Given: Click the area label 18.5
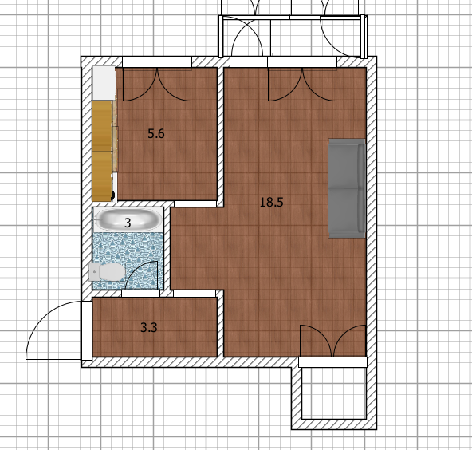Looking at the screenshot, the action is (271, 202).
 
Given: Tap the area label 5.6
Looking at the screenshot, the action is (156, 133).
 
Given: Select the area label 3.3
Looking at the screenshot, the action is (149, 327).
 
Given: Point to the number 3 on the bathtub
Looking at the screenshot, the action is (128, 223).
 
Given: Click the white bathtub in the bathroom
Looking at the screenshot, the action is (128, 219).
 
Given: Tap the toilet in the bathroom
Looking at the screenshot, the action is (107, 272).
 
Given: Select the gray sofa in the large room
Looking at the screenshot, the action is (347, 188).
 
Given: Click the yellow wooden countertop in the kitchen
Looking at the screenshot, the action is (102, 151).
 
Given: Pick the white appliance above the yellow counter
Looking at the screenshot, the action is (104, 83).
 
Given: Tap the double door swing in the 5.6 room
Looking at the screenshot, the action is (157, 87).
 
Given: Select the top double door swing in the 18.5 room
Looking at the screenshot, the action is (302, 87).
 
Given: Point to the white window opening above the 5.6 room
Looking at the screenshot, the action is (157, 61).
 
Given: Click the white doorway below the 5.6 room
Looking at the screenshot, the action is (195, 204).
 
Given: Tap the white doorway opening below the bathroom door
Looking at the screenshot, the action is (140, 294).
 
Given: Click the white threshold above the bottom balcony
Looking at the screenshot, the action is (332, 362).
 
